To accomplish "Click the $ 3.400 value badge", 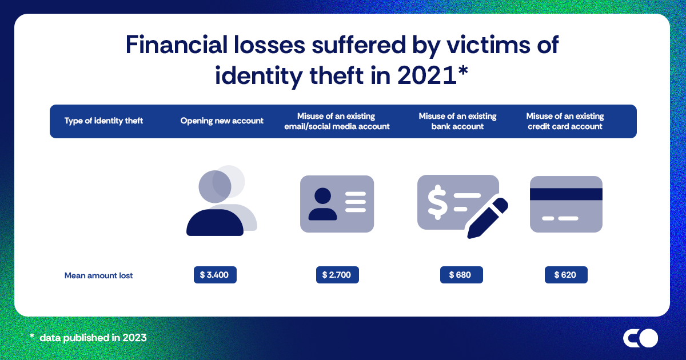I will (214, 275).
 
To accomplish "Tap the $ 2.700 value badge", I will (337, 275).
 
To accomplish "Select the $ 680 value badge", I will (461, 275).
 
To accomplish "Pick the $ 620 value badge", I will (566, 275).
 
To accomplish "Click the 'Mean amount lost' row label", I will (98, 275).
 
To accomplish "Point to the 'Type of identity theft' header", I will (103, 121).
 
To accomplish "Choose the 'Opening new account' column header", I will (222, 121).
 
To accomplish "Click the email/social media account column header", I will (337, 121).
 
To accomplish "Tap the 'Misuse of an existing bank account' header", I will (457, 121).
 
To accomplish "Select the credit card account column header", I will (565, 121).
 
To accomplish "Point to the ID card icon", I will (337, 203).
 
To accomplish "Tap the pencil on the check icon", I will (488, 218).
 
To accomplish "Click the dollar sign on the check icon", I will (438, 199).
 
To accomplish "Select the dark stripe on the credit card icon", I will (566, 194).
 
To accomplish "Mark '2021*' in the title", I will (427, 75).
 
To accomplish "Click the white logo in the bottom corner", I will (640, 338).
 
